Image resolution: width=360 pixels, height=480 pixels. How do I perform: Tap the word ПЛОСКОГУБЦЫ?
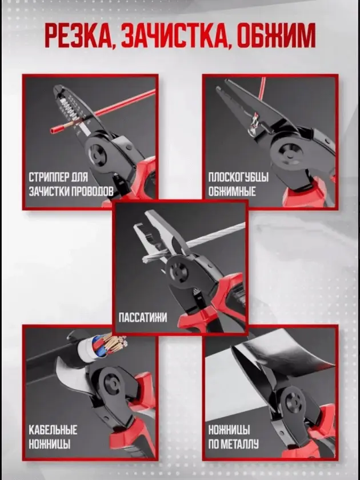(x=238, y=177)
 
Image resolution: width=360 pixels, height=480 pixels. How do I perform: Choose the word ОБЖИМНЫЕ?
(x=232, y=191)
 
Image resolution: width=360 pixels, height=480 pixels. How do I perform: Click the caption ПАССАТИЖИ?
(x=143, y=318)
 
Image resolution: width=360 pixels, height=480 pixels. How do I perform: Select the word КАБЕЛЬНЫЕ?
(x=53, y=430)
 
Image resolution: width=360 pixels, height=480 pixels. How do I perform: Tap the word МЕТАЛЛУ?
(x=243, y=443)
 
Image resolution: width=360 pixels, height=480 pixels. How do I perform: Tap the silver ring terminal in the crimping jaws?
(x=253, y=125)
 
